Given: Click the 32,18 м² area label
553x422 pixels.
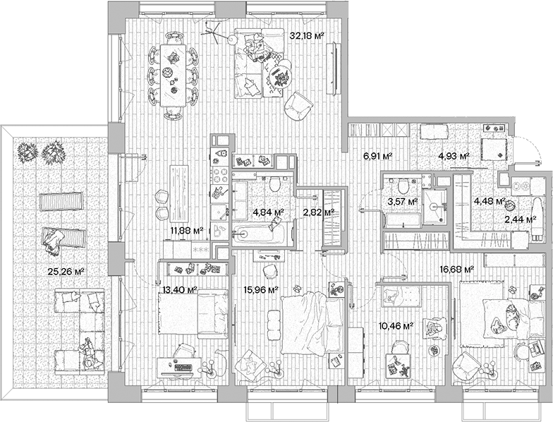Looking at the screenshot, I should tap(307, 34).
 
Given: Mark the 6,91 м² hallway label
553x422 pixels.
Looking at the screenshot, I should tap(377, 156).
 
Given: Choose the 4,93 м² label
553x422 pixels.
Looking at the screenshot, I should tap(454, 156).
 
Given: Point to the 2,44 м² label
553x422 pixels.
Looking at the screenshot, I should tap(521, 219).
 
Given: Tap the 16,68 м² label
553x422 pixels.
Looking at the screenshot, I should tap(456, 268).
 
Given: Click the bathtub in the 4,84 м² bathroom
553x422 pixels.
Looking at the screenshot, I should tap(261, 233).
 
